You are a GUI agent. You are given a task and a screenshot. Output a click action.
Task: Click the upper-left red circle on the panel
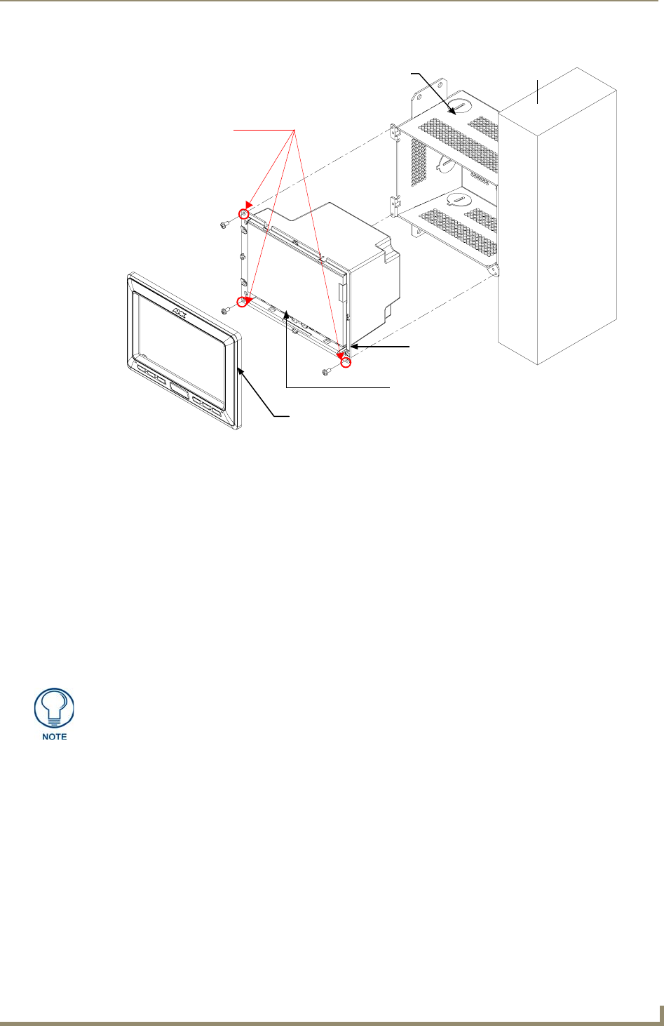(244, 213)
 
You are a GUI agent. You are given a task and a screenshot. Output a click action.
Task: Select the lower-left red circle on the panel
(243, 302)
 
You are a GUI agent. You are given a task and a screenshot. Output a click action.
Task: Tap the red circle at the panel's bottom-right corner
(345, 361)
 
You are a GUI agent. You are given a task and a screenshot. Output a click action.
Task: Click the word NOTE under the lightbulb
(55, 736)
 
